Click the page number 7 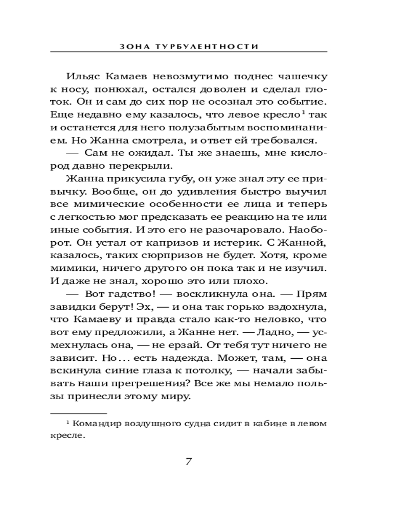(188, 462)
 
